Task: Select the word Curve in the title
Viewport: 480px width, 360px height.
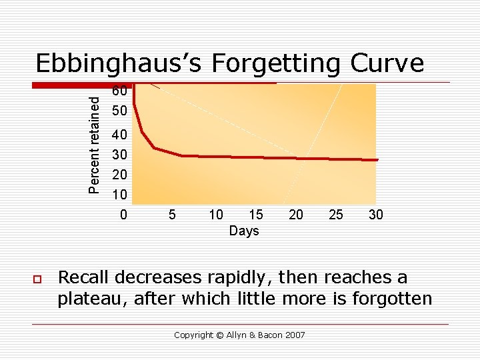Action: click(389, 63)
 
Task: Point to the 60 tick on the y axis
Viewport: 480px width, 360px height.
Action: click(121, 91)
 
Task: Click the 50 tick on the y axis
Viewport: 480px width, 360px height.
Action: click(121, 109)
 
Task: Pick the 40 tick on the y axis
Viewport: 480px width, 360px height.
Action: click(121, 135)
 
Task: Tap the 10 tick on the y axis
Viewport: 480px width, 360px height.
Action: click(121, 195)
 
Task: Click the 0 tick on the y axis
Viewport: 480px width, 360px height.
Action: click(123, 215)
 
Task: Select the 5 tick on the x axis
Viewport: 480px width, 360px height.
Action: click(172, 215)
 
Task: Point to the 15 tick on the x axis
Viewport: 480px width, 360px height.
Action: click(256, 215)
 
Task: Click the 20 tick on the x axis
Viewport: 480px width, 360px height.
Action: click(296, 215)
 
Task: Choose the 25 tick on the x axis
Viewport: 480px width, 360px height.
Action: click(336, 215)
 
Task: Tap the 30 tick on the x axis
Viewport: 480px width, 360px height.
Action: click(376, 215)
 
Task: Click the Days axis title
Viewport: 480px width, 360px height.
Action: click(243, 231)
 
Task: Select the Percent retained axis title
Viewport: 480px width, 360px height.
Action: click(96, 144)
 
